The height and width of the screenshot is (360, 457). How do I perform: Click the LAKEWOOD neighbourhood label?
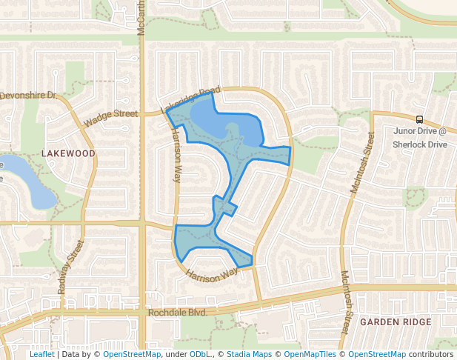[x=68, y=153]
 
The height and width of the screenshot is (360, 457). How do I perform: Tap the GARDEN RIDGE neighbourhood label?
[x=395, y=322]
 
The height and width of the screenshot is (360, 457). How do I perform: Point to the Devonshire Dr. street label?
[x=28, y=96]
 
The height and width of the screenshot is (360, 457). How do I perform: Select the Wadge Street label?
[x=111, y=118]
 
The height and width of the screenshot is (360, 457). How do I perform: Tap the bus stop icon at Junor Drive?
[x=420, y=119]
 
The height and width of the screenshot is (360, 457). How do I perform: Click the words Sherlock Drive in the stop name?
[x=420, y=144]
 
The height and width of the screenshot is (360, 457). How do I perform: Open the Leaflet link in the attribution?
[x=41, y=354]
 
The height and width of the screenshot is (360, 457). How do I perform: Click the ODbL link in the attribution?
[x=201, y=354]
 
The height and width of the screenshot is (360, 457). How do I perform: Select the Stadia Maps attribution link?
[x=249, y=354]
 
